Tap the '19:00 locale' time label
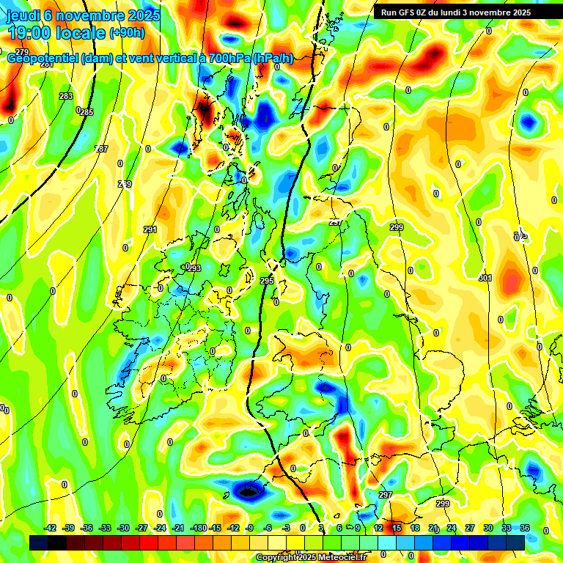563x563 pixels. (56, 33)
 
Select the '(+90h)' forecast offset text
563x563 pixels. (127, 33)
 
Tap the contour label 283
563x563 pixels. (66, 96)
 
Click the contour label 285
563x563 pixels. (87, 112)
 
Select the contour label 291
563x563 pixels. (150, 230)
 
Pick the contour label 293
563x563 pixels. (194, 269)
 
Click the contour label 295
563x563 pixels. (267, 281)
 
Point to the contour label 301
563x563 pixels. (485, 279)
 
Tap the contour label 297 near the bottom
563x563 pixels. (386, 496)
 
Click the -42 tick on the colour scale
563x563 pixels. (50, 528)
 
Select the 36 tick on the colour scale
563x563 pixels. (525, 528)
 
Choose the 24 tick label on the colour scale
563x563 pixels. (452, 528)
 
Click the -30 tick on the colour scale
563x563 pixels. (123, 528)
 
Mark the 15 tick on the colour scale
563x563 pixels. (397, 528)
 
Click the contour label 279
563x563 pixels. (22, 52)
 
